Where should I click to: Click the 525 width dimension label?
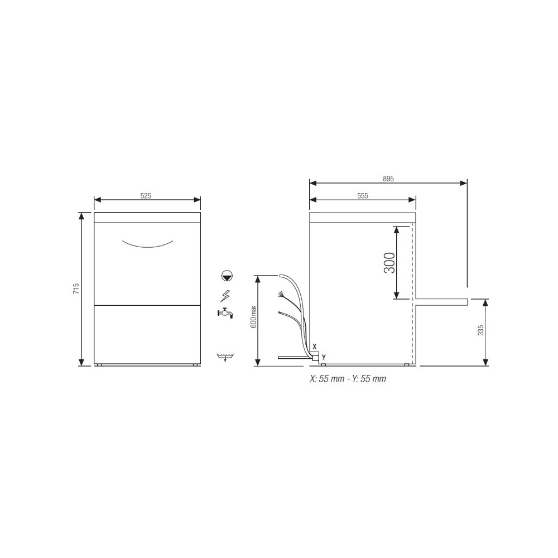(x=146, y=196)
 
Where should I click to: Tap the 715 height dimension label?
(x=76, y=288)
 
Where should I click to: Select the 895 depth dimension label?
(x=388, y=179)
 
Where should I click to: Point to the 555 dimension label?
(x=363, y=196)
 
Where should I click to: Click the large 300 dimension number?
(x=389, y=263)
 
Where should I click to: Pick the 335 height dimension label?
(x=481, y=330)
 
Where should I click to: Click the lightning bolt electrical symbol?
(x=225, y=296)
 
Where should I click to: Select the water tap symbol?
(x=225, y=313)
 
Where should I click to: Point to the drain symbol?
(x=225, y=357)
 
